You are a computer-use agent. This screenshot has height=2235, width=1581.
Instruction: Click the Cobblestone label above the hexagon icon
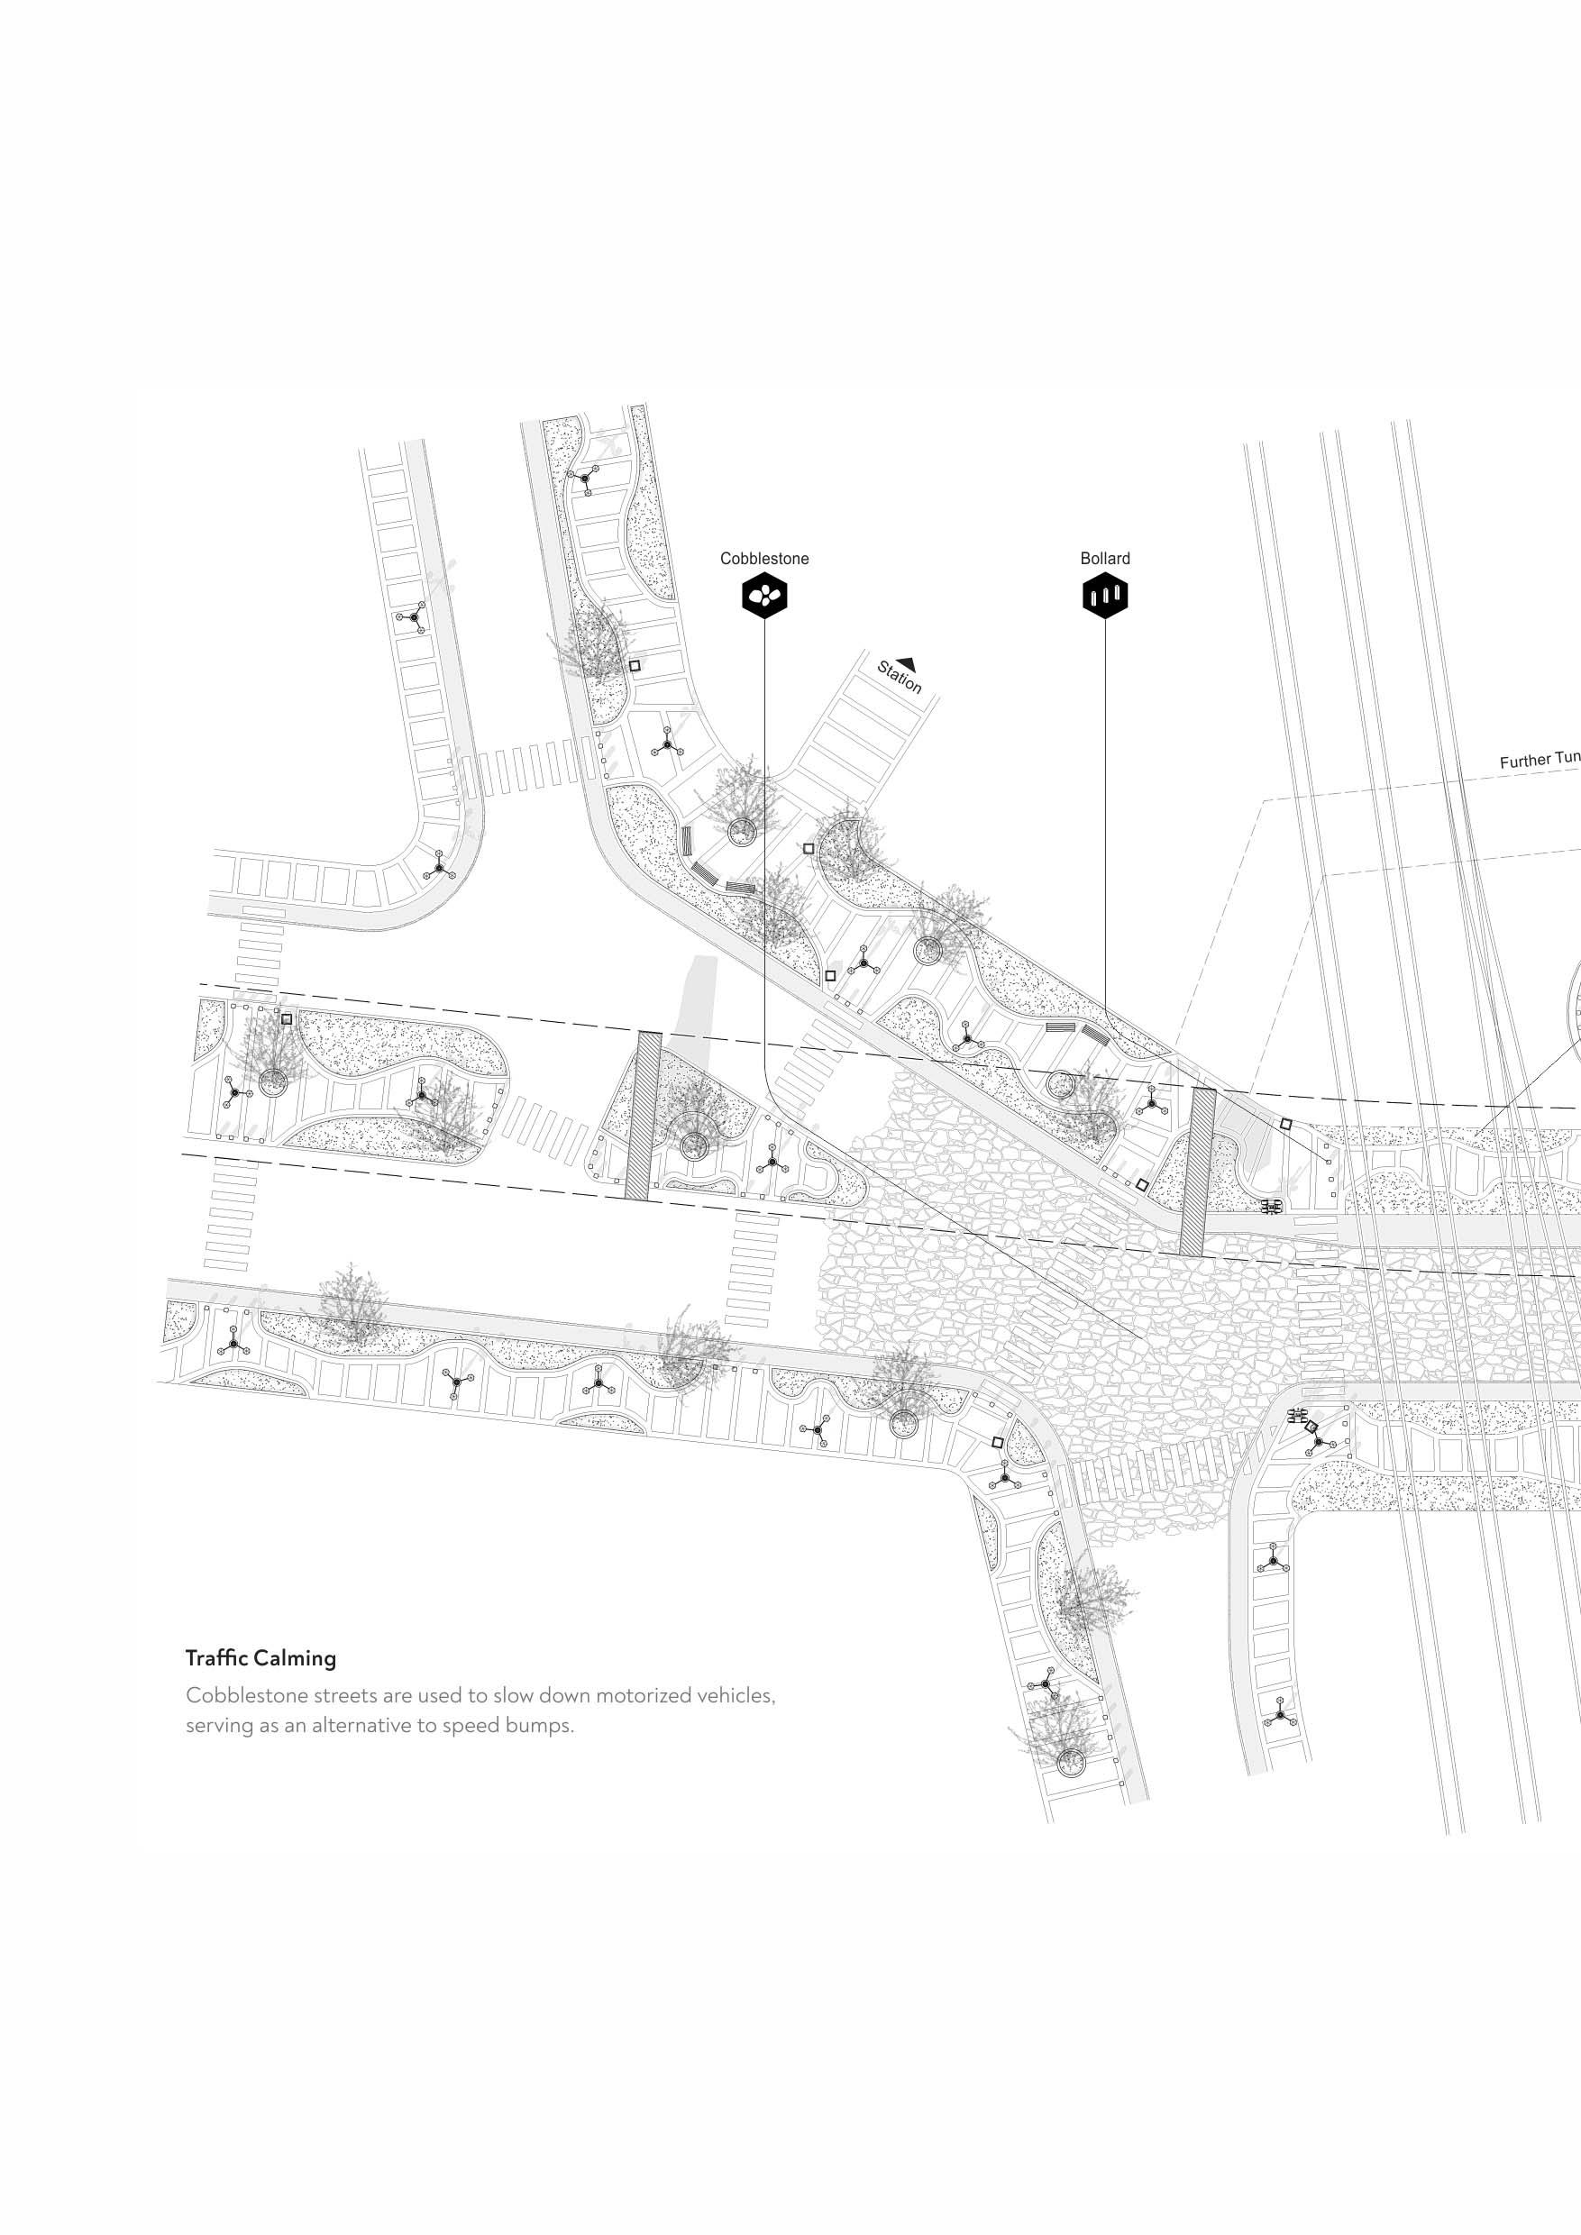pos(764,559)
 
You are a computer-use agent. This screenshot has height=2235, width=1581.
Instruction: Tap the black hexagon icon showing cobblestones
pos(764,596)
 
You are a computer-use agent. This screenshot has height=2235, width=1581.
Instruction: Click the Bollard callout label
pos(1105,559)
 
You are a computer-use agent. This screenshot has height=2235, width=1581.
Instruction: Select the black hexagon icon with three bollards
pos(1105,596)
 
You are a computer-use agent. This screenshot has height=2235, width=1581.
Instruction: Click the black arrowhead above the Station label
pos(907,661)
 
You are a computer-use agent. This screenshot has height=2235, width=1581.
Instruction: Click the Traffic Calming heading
pos(260,1657)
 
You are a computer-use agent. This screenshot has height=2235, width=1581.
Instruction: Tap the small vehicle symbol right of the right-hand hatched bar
pos(1270,1207)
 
